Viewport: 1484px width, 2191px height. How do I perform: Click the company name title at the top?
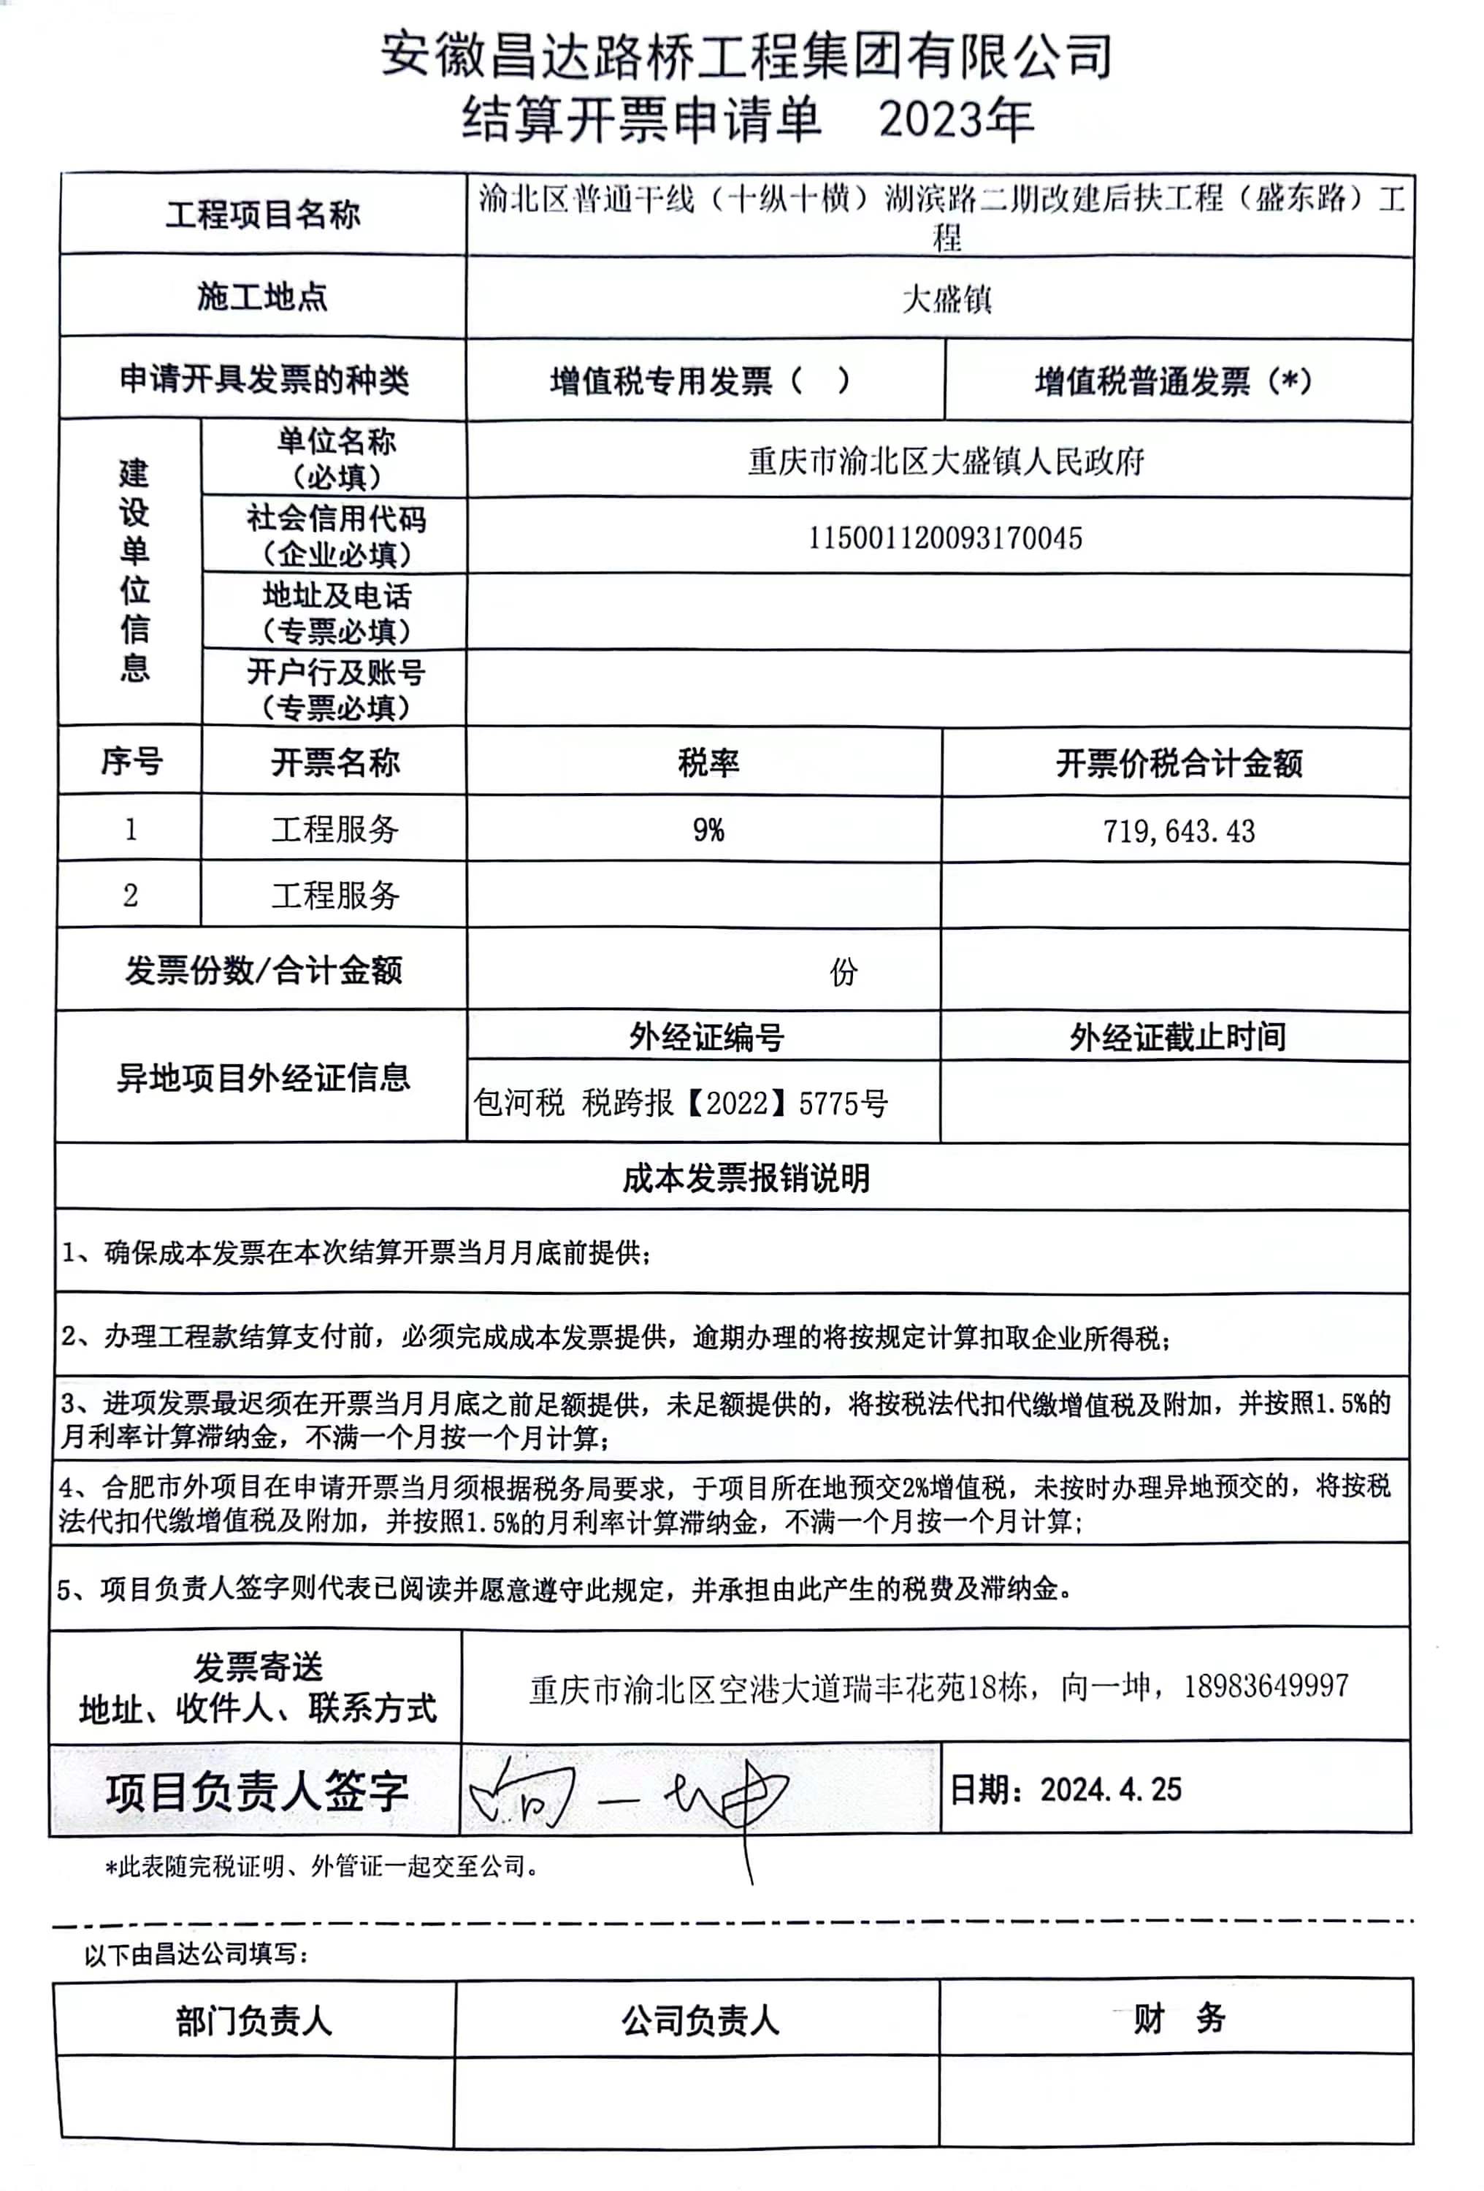(x=746, y=56)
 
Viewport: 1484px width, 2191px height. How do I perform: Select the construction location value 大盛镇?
(x=946, y=299)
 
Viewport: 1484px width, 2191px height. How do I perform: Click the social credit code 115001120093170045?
(x=945, y=538)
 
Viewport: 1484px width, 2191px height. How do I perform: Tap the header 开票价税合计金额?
(x=1179, y=762)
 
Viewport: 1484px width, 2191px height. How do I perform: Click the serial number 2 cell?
(x=130, y=895)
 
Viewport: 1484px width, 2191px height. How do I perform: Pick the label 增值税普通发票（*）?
(x=1173, y=382)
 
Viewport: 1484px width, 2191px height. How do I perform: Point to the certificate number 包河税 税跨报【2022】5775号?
(x=680, y=1103)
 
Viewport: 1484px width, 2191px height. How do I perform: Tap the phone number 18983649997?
(x=1265, y=1686)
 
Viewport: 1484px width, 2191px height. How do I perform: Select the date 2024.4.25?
(x=1109, y=1790)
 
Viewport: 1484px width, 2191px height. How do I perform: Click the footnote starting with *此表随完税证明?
(x=321, y=1867)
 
